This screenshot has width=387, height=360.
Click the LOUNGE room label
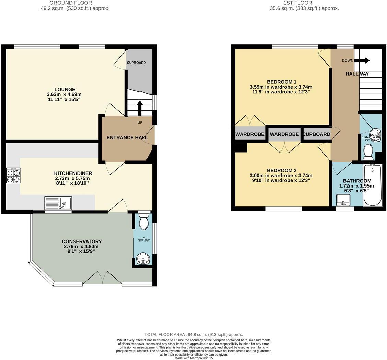pyautogui.click(x=64, y=89)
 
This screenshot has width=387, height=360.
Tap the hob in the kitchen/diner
pyautogui.click(x=13, y=175)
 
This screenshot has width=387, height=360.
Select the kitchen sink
pyautogui.click(x=58, y=203)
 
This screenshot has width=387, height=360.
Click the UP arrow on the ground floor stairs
pyautogui.click(x=140, y=108)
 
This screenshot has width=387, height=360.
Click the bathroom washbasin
pyautogui.click(x=343, y=199)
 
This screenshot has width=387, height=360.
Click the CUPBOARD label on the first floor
pyautogui.click(x=317, y=134)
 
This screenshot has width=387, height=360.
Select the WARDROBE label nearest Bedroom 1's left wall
pyautogui.click(x=250, y=134)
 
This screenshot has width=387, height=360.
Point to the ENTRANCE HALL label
pyautogui.click(x=127, y=137)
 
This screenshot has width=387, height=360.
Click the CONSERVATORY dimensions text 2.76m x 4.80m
pyautogui.click(x=81, y=246)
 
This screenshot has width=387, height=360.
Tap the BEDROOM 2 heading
pyautogui.click(x=281, y=170)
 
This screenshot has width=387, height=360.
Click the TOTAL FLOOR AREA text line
pyautogui.click(x=193, y=334)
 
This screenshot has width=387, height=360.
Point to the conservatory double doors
pyautogui.click(x=102, y=278)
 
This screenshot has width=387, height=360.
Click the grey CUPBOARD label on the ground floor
pyautogui.click(x=136, y=63)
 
